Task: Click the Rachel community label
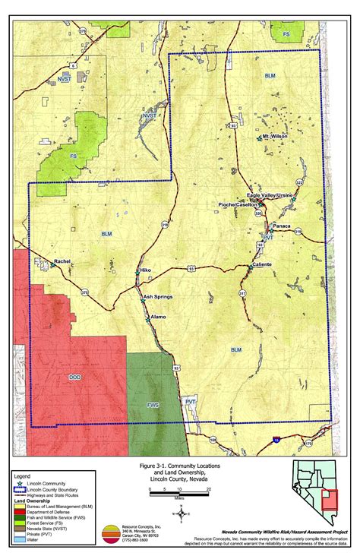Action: click(x=62, y=261)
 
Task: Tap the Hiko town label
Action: click(x=147, y=270)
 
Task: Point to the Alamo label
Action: click(x=158, y=316)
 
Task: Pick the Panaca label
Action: click(x=282, y=226)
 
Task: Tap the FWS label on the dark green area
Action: click(x=153, y=405)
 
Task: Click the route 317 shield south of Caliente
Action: click(x=242, y=292)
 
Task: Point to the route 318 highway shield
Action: click(x=163, y=225)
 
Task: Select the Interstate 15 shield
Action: click(x=276, y=439)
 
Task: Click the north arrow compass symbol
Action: click(x=181, y=513)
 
